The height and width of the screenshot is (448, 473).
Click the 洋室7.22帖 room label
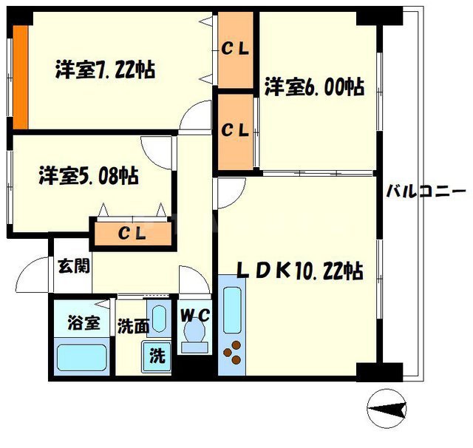[104, 71]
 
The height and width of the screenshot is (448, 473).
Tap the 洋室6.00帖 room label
[313, 87]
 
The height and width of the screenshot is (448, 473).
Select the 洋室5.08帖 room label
[89, 177]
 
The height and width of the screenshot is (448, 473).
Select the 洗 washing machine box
[157, 354]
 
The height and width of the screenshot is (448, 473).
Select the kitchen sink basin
[232, 310]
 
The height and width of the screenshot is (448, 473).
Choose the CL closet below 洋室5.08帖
[132, 233]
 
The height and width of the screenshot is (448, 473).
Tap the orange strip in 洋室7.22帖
[21, 77]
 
